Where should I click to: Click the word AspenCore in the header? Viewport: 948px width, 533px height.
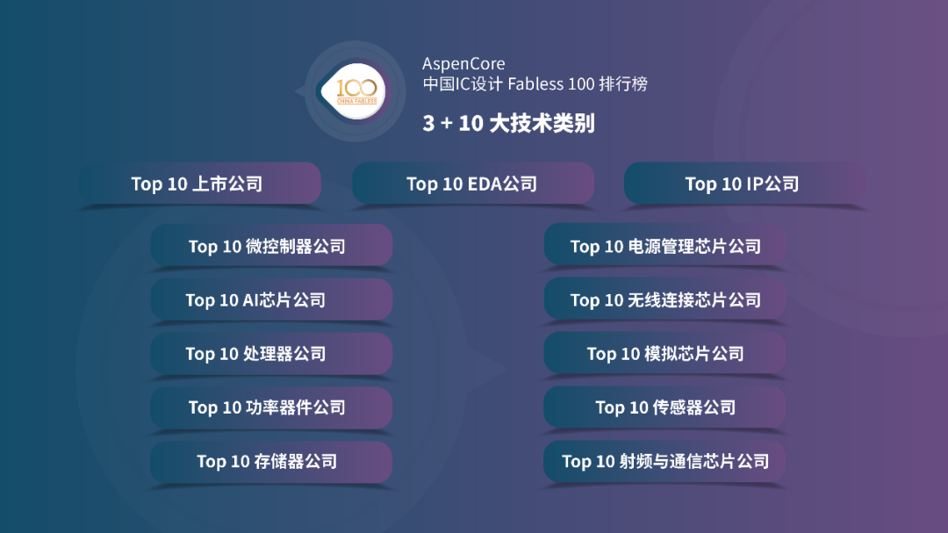click(x=463, y=64)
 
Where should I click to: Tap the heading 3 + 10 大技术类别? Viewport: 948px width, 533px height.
click(x=508, y=123)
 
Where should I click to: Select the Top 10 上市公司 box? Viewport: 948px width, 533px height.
click(x=200, y=184)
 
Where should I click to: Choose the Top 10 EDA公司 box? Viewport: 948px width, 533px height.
click(x=472, y=184)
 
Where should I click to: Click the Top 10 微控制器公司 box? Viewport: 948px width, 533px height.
click(x=271, y=246)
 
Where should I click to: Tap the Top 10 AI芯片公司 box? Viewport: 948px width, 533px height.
click(x=271, y=299)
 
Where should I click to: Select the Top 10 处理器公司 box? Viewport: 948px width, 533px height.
click(x=271, y=353)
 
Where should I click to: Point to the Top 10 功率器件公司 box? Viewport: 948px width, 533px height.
click(x=271, y=407)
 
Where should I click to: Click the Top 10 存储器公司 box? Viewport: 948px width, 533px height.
click(x=271, y=461)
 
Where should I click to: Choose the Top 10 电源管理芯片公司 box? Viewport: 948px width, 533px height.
click(x=664, y=246)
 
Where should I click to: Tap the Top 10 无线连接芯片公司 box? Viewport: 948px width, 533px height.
click(x=664, y=299)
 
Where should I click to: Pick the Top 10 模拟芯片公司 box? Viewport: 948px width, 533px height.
click(x=664, y=353)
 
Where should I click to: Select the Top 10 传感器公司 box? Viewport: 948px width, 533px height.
click(x=664, y=407)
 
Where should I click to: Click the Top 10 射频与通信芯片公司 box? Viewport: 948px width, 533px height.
click(x=664, y=461)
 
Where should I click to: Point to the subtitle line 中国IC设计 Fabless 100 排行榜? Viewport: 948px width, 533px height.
click(x=535, y=85)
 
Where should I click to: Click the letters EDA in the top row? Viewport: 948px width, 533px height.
click(x=485, y=184)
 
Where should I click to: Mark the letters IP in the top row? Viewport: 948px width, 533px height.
click(x=755, y=184)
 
